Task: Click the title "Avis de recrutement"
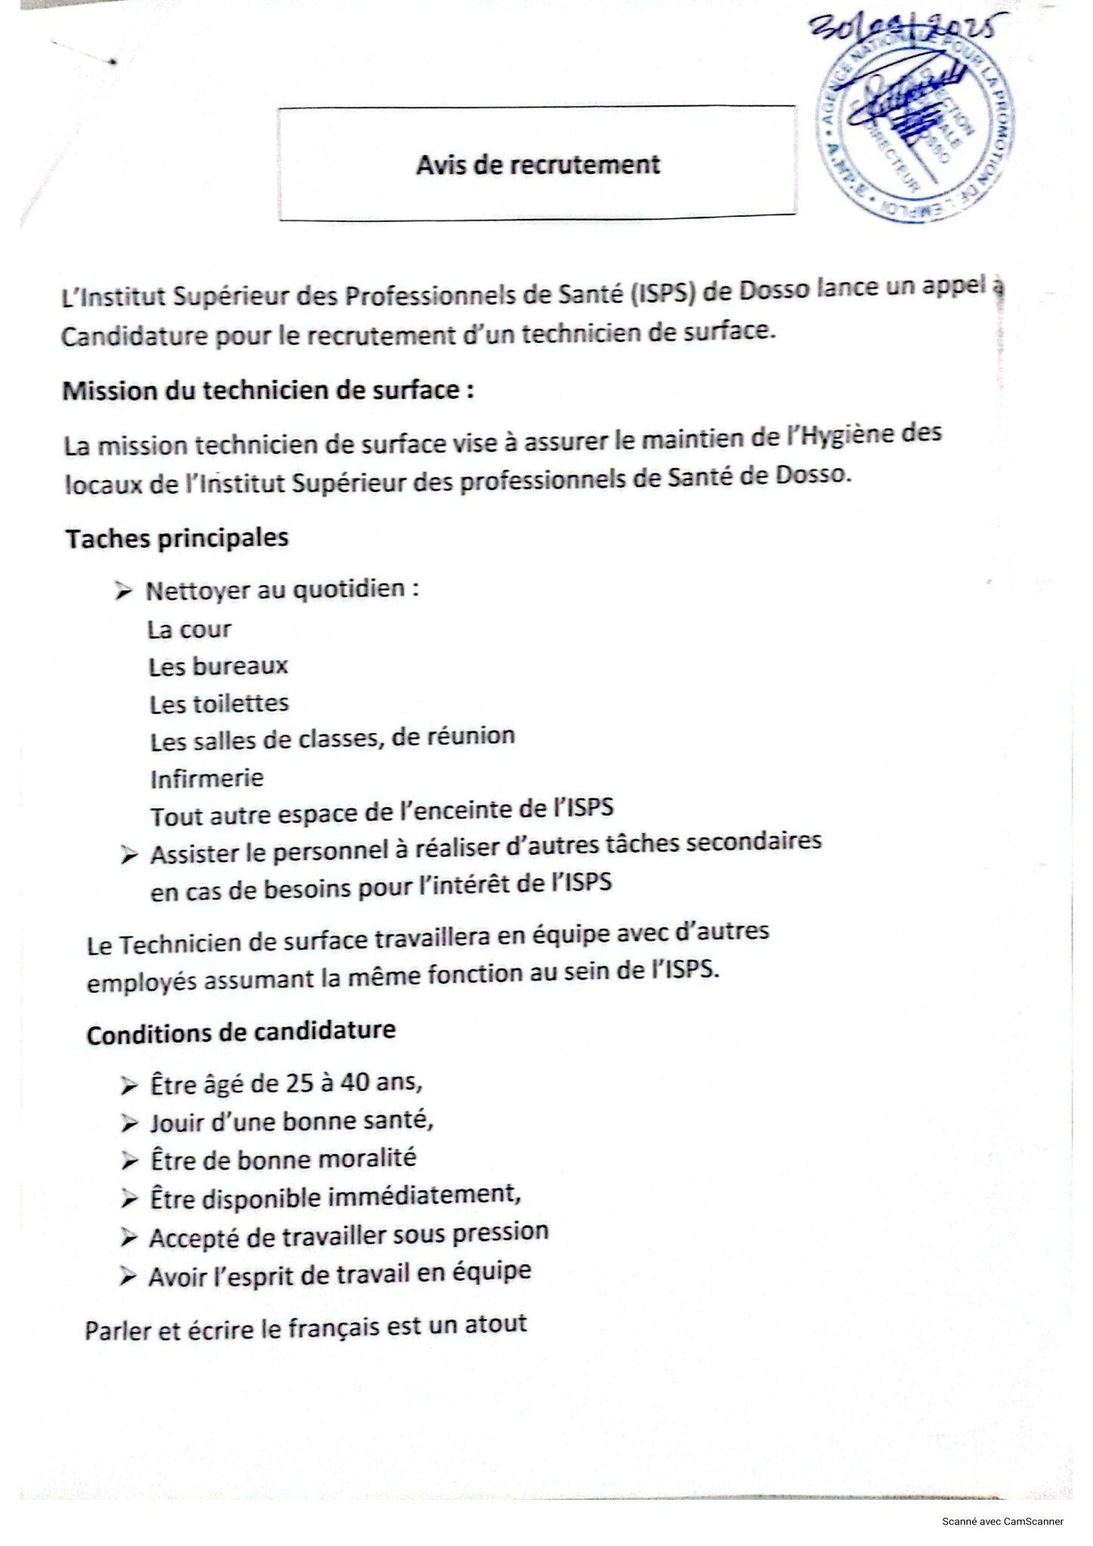click(x=538, y=164)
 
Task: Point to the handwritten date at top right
click(x=906, y=30)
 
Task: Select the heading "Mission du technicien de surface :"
click(x=268, y=390)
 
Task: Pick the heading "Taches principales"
click(x=177, y=538)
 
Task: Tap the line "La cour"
click(x=189, y=629)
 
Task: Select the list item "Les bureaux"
click(x=218, y=666)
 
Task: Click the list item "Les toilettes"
click(x=219, y=704)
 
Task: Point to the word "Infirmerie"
click(x=206, y=778)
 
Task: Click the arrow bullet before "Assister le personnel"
click(x=129, y=855)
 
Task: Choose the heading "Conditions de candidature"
click(x=241, y=1032)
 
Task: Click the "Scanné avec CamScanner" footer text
click(x=1002, y=1521)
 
